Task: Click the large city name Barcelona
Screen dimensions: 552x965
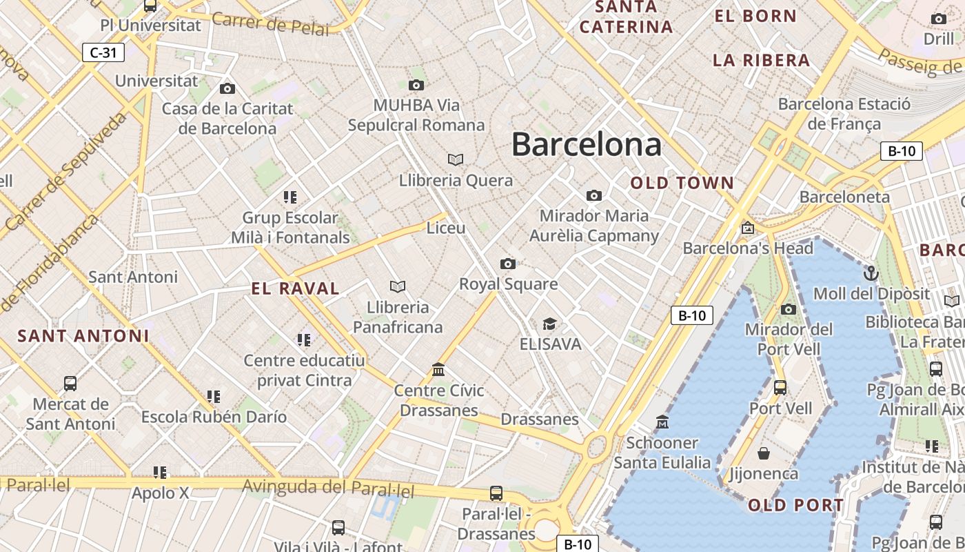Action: coord(587,145)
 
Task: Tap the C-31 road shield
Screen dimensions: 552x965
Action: coord(103,52)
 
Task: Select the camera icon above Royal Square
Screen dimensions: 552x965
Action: coord(508,264)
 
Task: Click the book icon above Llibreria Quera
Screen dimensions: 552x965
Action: coord(455,159)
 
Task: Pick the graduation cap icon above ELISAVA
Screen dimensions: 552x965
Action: coord(549,324)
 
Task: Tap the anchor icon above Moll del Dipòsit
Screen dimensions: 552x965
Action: coord(871,273)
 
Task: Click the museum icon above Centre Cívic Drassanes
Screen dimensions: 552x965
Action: coord(438,370)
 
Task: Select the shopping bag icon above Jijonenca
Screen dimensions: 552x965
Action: coord(764,453)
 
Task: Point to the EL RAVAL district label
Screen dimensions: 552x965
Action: coord(296,289)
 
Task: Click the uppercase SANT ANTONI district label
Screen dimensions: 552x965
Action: coord(83,336)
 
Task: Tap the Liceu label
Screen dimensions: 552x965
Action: coord(446,228)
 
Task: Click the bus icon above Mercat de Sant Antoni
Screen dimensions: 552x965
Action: coord(70,384)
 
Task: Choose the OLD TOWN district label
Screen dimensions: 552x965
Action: coord(682,184)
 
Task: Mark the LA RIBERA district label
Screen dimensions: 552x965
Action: coord(762,61)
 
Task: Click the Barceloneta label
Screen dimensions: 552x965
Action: coord(844,197)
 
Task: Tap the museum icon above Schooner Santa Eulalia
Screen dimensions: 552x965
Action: coord(662,422)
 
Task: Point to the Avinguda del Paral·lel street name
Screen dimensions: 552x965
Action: coord(328,488)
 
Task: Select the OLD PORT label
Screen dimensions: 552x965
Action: coord(796,506)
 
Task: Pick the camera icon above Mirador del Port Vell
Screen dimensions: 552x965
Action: coord(789,309)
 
